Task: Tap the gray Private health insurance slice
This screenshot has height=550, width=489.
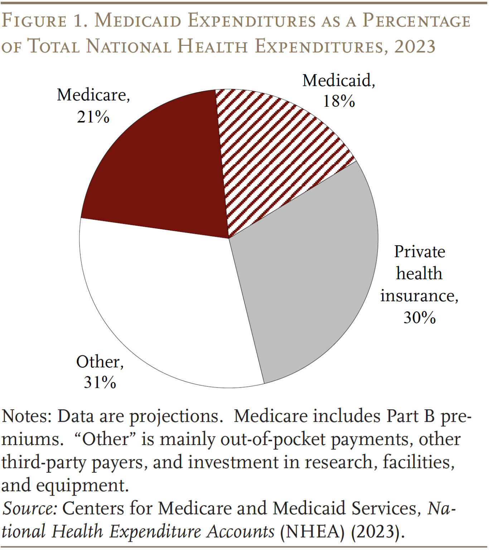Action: pos(308,272)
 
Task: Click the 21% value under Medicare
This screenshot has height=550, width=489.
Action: pos(93,117)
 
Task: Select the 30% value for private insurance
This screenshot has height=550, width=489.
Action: pos(419,317)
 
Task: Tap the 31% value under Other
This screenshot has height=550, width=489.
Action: pos(100,382)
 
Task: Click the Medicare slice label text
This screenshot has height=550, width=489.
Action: pos(93,95)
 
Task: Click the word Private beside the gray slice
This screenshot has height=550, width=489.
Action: pos(419,251)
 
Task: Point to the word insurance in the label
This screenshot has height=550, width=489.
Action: pos(418,296)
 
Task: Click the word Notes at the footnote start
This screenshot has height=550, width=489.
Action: pos(27,416)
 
